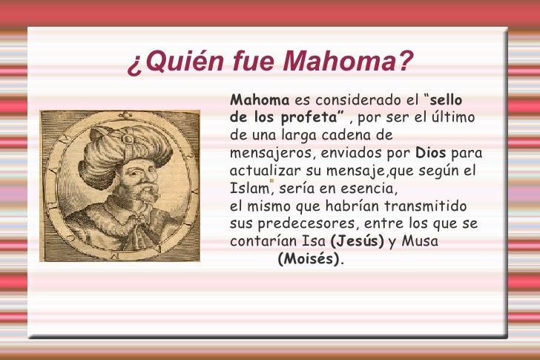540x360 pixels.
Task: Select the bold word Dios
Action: tap(431, 154)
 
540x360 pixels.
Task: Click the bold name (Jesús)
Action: tap(357, 241)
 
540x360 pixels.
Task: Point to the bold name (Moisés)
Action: tap(309, 259)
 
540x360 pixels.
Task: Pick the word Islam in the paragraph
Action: tap(246, 189)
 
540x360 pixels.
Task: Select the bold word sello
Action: tap(446, 100)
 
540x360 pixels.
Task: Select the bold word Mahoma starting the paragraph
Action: tap(260, 100)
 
